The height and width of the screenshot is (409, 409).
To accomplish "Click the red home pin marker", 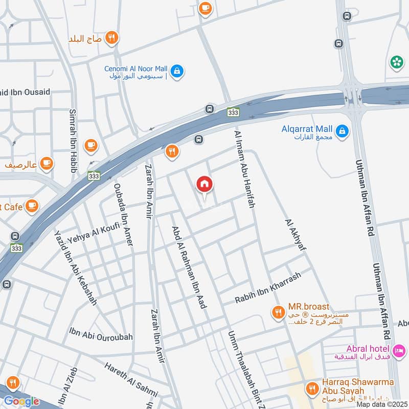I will click(x=204, y=185).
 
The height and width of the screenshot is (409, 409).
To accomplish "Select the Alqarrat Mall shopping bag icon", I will click(x=343, y=131).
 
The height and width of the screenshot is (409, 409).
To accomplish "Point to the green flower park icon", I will click(x=396, y=62).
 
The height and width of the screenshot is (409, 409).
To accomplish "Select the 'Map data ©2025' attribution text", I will click(x=381, y=404).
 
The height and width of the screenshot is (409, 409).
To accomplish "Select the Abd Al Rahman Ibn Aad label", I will click(x=189, y=267).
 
